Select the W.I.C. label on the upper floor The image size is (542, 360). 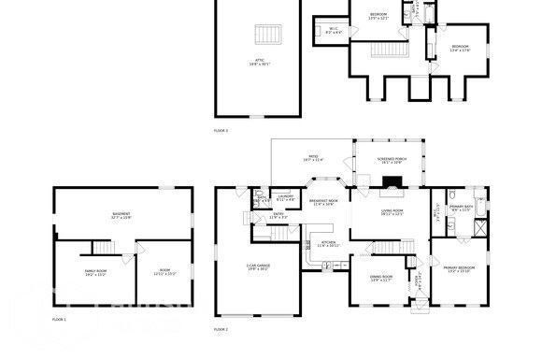pyautogui.click(x=334, y=31)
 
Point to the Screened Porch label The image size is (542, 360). pyautogui.click(x=392, y=160)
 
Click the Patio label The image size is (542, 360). pyautogui.click(x=313, y=158)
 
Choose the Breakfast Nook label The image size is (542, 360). pyautogui.click(x=323, y=202)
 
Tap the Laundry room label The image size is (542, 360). pyautogui.click(x=286, y=199)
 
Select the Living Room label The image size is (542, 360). pyautogui.click(x=392, y=212)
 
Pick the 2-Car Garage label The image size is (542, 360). pyautogui.click(x=257, y=268)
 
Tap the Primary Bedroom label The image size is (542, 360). pyautogui.click(x=459, y=269)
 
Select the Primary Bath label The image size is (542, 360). pyautogui.click(x=461, y=209)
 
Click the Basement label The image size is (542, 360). pyautogui.click(x=121, y=215)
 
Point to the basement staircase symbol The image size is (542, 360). pyautogui.click(x=101, y=245)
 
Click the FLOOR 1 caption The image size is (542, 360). pyautogui.click(x=59, y=320)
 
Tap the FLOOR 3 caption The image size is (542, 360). pyautogui.click(x=221, y=130)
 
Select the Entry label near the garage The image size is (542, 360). pyautogui.click(x=277, y=216)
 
